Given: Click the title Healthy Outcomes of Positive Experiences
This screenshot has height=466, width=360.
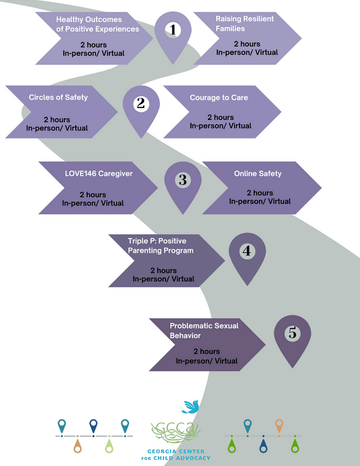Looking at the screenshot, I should (98, 24).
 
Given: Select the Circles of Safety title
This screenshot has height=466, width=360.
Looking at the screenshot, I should (58, 97).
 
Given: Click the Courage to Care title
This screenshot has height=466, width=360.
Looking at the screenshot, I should (219, 97).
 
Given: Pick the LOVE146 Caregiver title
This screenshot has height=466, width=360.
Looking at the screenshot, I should (91, 173).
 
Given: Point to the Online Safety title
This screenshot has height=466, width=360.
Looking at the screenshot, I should (258, 173).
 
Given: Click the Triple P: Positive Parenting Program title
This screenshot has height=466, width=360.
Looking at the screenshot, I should (157, 246).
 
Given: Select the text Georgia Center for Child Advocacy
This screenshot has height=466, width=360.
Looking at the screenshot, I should (176, 455).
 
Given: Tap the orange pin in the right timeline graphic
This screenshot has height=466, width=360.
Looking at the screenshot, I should (279, 426).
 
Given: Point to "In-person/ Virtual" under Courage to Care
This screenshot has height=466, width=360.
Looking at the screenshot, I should (220, 126).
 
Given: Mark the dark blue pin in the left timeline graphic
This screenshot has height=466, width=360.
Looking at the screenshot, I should (93, 426).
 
